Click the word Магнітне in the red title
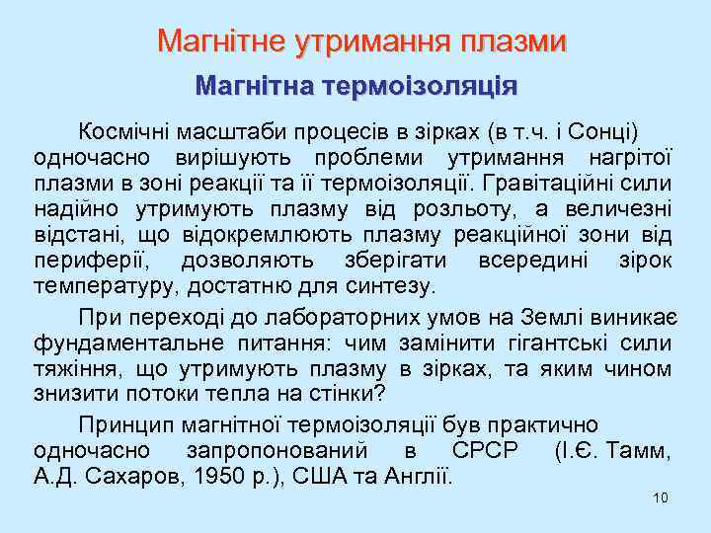coord(219,41)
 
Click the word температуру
coord(101,286)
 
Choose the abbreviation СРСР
coord(485,451)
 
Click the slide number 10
coord(661,496)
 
